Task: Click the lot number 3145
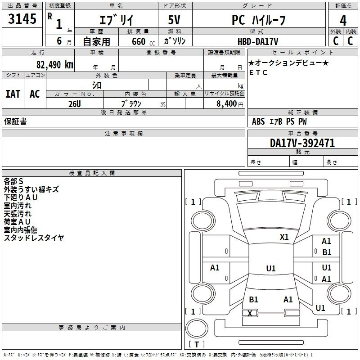pos(22,19)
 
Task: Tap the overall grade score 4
pos(343,21)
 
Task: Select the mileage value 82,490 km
pos(54,65)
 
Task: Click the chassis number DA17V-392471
pos(302,143)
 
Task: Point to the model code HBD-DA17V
pos(258,41)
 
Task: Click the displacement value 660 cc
pos(143,42)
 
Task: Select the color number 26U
pos(75,104)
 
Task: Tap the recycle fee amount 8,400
pos(226,104)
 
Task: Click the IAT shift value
pos(13,94)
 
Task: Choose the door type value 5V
pos(174,20)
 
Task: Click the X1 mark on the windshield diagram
pos(284,237)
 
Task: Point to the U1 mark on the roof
pos(271,268)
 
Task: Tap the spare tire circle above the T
pos(197,328)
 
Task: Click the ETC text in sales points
pos(258,72)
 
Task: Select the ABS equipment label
pos(258,121)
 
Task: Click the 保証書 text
pos(15,121)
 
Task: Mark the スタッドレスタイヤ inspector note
pos(34,238)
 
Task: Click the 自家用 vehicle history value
pos(96,41)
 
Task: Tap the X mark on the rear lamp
pos(250,313)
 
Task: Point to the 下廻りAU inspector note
pos(20,198)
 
